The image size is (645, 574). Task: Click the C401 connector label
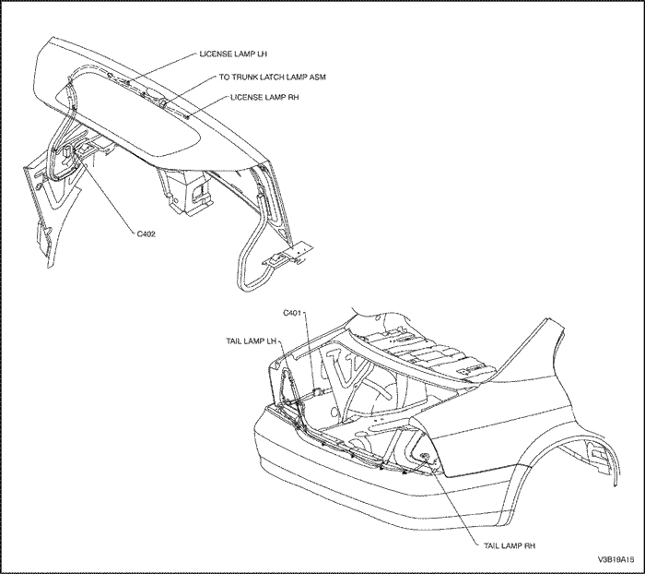[293, 313]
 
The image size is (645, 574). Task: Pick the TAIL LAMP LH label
[252, 341]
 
